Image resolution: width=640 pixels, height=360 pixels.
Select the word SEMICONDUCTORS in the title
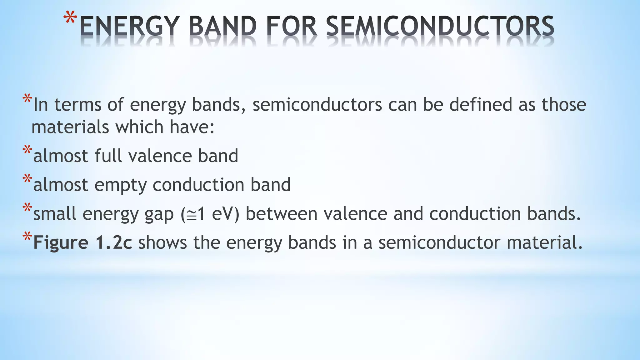[440, 26]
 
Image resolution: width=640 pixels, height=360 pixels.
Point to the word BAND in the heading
[222, 26]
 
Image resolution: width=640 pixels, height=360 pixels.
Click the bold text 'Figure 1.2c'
[82, 243]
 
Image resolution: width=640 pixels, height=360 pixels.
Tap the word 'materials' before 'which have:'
[70, 127]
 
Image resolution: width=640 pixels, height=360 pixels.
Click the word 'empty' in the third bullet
[120, 185]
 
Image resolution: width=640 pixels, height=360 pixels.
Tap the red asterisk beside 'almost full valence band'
[27, 150]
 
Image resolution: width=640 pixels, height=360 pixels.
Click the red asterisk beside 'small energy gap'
[27, 208]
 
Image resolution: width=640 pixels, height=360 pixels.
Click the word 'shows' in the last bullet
[162, 243]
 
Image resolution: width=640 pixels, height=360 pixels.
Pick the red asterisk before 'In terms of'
[27, 99]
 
